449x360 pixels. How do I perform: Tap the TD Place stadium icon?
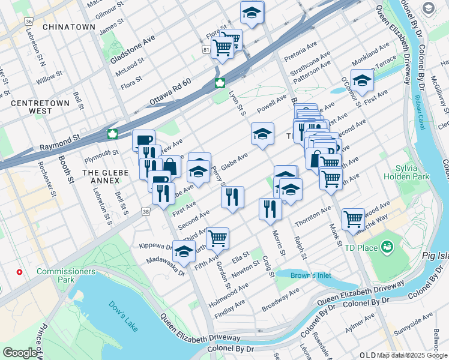pos(387,246)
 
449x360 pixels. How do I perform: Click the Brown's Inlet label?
pos(310,276)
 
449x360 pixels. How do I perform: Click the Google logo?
pos(20,352)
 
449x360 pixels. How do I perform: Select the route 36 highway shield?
pos(28,22)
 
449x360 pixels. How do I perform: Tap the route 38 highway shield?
pos(146,211)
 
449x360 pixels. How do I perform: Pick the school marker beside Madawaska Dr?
pos(184,250)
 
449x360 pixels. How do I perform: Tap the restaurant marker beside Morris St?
pos(270,208)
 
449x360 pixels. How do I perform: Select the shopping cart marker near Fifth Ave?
pos(217,237)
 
